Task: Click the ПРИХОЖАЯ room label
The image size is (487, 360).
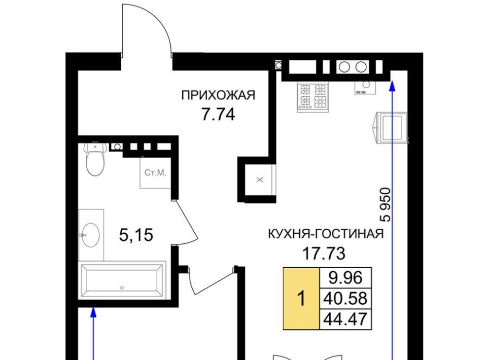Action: click(x=218, y=95)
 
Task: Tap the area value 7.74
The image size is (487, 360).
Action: click(x=218, y=115)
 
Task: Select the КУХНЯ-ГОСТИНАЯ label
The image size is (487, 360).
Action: click(x=326, y=234)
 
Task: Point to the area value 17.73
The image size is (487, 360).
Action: click(x=324, y=254)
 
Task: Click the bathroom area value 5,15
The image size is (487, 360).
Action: click(x=136, y=235)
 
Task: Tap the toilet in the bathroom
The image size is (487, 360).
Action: click(x=95, y=159)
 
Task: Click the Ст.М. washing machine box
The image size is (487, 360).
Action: click(x=155, y=173)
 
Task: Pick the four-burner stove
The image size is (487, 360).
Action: click(x=313, y=96)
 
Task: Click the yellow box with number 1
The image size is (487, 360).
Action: click(x=301, y=299)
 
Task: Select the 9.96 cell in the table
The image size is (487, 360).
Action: click(x=345, y=278)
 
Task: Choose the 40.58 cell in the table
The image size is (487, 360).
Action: click(x=345, y=298)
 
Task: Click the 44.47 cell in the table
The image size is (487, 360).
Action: click(x=345, y=319)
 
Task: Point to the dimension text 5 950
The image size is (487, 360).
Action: click(x=385, y=204)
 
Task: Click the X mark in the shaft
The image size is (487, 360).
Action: click(x=260, y=179)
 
